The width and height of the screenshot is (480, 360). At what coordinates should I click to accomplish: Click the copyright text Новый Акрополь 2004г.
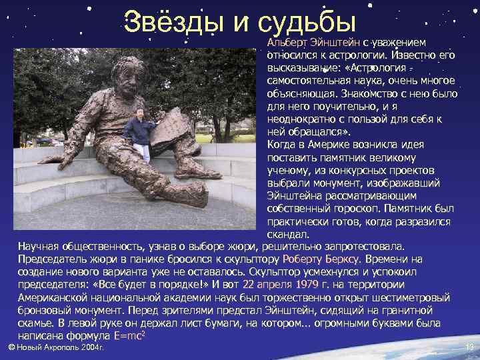click(57, 347)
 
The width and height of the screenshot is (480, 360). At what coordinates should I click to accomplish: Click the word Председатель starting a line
click(51, 259)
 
